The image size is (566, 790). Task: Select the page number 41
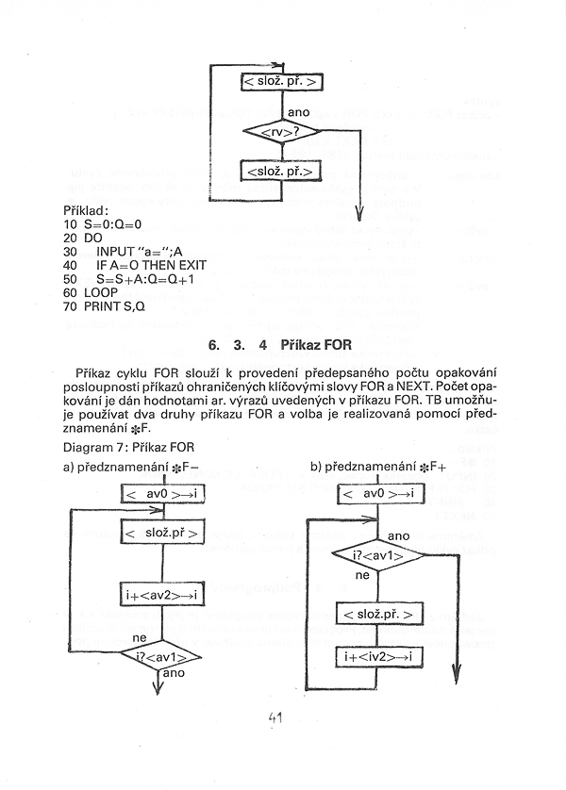(276, 719)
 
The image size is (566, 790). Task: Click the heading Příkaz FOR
(316, 345)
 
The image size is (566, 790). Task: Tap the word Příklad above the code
(87, 209)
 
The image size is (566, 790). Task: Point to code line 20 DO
(82, 239)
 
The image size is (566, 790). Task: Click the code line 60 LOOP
(92, 292)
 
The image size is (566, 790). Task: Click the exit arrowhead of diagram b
(456, 677)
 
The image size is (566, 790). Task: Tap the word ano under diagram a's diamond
(174, 674)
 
